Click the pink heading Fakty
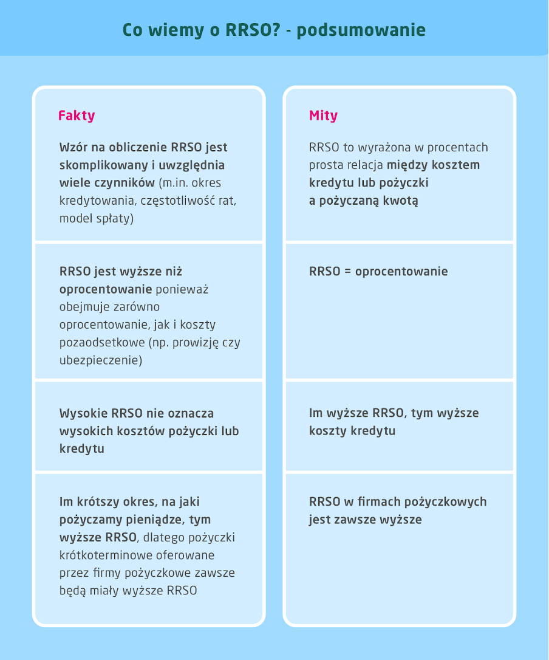point(77,115)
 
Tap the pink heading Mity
point(323,115)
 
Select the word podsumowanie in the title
point(361,30)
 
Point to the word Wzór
point(73,147)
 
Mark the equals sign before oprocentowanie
point(347,272)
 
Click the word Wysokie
point(83,413)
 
